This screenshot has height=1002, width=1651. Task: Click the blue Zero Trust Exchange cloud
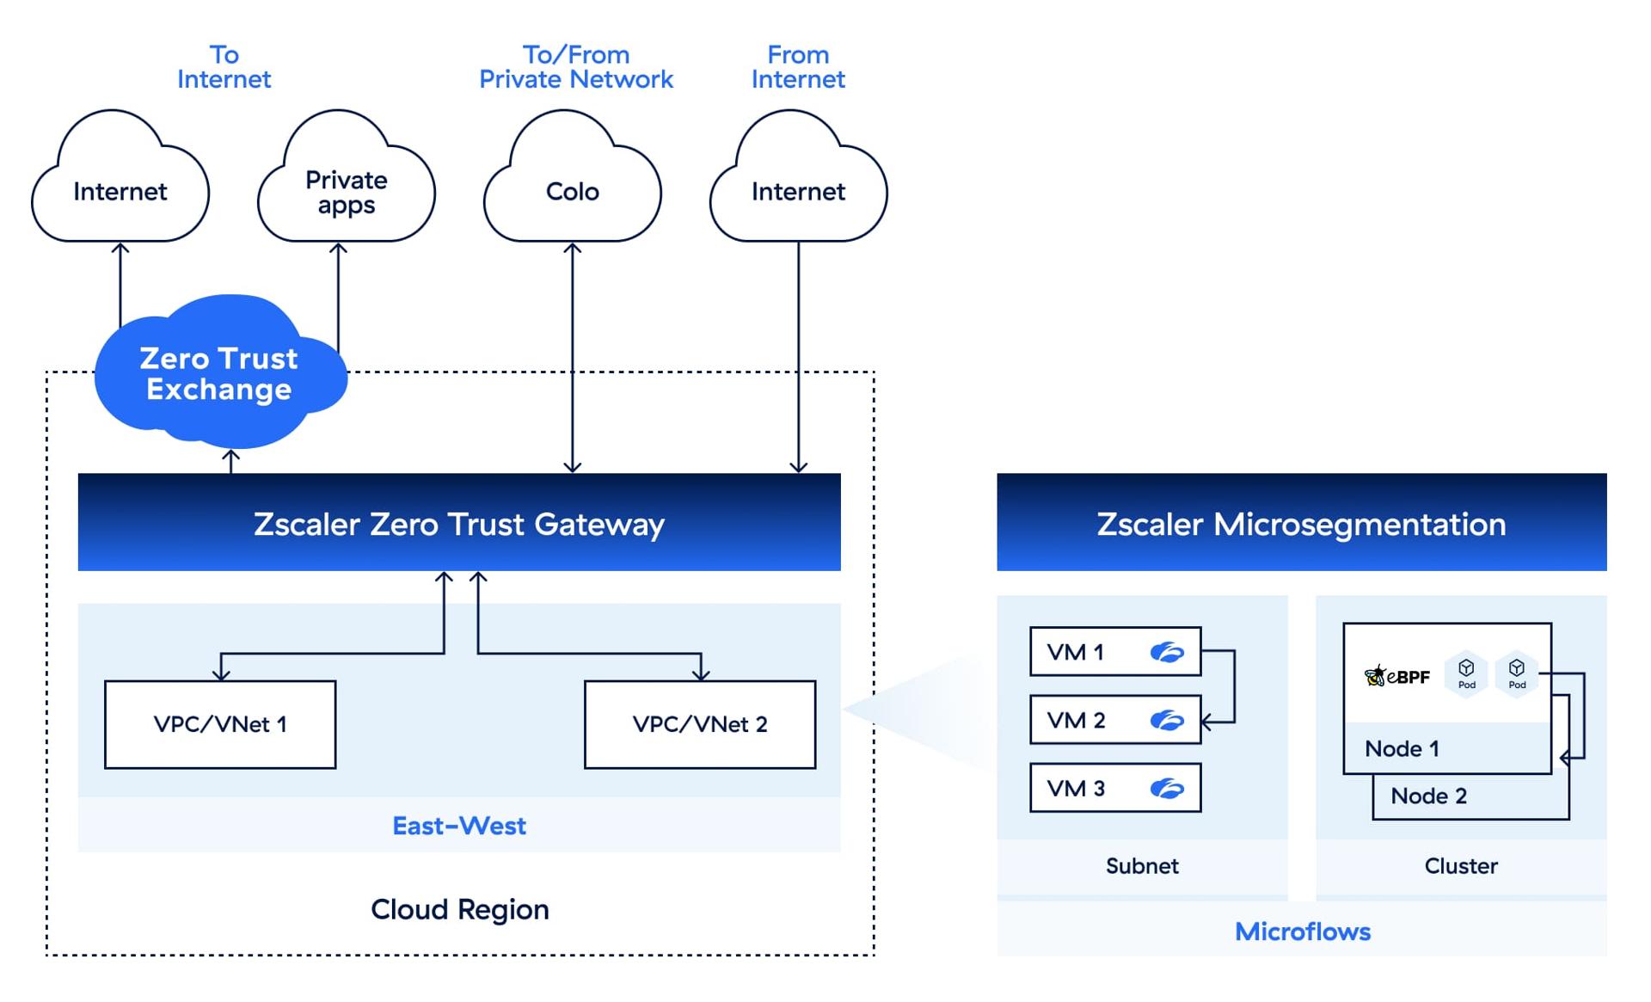(x=218, y=374)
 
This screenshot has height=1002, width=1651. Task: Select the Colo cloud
(x=572, y=191)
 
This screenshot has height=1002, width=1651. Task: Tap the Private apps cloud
(x=346, y=191)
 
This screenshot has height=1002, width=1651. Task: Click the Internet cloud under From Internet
(x=798, y=191)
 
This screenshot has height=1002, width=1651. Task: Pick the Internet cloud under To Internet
(x=120, y=191)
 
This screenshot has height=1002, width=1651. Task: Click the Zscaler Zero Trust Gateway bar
(x=458, y=523)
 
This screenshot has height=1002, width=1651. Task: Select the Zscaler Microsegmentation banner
(x=1301, y=523)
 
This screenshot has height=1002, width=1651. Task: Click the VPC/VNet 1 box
(x=220, y=724)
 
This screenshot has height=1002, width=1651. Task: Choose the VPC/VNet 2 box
(x=700, y=724)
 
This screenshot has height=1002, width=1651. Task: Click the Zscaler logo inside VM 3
(x=1167, y=788)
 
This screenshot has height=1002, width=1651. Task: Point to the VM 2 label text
(x=1076, y=720)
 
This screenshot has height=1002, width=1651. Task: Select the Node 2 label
(x=1428, y=796)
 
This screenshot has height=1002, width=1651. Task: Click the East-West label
(x=458, y=826)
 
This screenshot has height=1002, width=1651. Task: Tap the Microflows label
(x=1302, y=931)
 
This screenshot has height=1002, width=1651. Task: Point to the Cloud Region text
(x=459, y=909)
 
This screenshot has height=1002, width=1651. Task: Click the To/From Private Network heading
(x=575, y=67)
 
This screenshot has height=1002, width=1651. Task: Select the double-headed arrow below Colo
(x=572, y=357)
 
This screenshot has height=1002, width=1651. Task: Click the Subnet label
(x=1142, y=865)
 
